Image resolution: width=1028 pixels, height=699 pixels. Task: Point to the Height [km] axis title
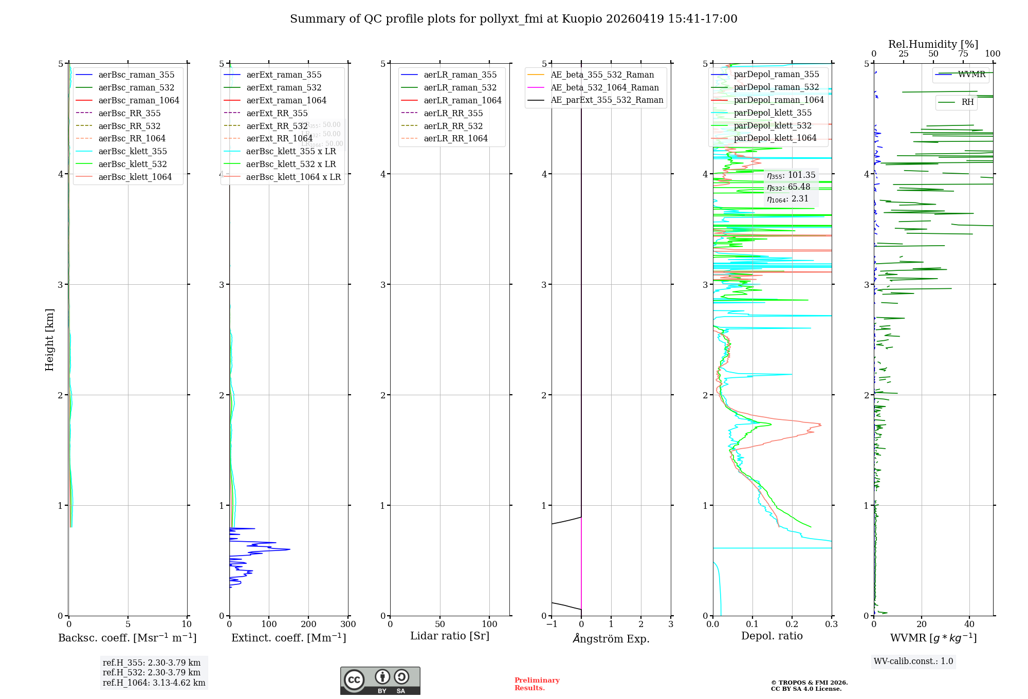pos(49,340)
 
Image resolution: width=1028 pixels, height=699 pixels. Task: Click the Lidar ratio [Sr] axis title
pos(450,636)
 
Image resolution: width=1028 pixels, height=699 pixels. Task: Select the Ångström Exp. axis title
pos(611,638)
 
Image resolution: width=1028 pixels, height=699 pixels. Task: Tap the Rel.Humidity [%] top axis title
pos(933,44)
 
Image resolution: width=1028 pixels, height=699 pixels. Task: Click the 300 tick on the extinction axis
pos(348,624)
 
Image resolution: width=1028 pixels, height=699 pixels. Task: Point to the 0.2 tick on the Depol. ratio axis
pos(792,624)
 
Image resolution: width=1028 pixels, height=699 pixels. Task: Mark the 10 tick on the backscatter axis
pos(187,624)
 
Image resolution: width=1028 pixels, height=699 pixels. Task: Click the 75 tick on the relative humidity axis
pos(963,54)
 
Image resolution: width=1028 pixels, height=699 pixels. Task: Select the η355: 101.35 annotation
pos(791,175)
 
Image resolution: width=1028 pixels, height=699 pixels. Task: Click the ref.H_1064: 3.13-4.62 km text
pos(154,683)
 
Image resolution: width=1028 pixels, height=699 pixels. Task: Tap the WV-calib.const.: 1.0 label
pos(913,661)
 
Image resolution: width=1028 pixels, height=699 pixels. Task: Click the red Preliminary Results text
pos(537,684)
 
